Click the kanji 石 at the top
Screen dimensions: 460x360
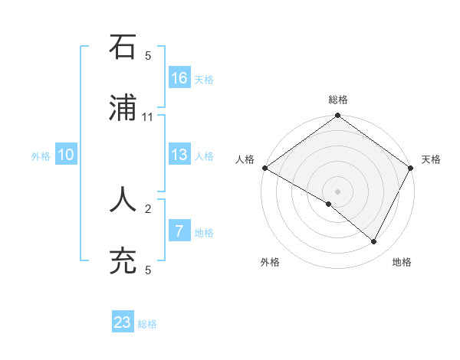123,47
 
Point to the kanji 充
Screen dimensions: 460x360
123,262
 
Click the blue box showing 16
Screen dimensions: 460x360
179,78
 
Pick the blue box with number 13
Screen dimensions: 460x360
179,155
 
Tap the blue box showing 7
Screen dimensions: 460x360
179,231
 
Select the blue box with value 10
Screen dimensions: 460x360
66,155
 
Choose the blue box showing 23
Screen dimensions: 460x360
123,322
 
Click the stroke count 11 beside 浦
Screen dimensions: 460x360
148,117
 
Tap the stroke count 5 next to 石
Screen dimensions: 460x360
148,55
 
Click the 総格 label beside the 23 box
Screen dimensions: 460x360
147,324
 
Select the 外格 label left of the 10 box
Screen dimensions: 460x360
41,156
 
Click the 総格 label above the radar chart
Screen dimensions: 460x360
337,100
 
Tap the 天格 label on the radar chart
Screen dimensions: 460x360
432,159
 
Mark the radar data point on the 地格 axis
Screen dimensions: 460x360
374,242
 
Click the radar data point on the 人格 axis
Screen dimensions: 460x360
264,168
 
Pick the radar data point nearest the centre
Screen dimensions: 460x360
329,204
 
